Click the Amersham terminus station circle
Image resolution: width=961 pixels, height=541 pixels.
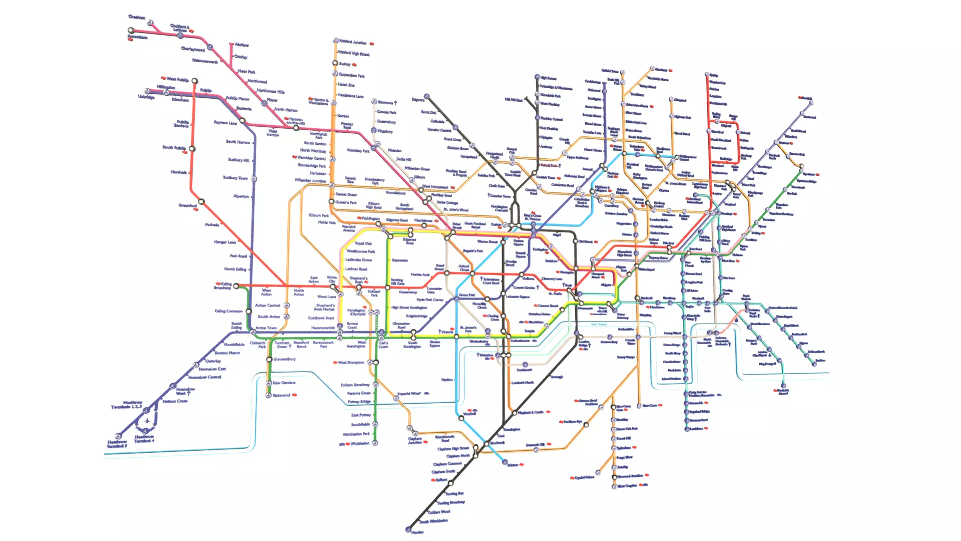132,31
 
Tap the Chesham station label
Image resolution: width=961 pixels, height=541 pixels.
137,17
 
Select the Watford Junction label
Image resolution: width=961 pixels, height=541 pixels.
353,42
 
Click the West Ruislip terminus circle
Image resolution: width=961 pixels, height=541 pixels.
195,81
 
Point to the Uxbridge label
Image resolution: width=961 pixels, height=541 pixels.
146,97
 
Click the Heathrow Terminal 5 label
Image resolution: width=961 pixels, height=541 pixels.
117,444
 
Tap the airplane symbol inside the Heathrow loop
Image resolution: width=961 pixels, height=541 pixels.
147,421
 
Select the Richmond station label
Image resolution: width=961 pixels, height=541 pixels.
281,395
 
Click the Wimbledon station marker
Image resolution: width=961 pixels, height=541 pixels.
375,443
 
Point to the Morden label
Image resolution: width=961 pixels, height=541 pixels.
417,532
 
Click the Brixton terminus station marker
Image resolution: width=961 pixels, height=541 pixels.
505,463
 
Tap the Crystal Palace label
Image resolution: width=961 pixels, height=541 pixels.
584,477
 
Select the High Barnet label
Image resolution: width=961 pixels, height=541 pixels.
549,78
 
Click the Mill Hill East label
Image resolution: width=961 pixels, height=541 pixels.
513,100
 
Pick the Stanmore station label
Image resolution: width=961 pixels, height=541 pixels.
385,102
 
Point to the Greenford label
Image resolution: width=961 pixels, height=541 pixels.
188,205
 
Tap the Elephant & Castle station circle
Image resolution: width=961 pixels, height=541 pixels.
514,413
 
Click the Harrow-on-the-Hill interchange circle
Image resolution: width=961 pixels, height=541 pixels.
296,128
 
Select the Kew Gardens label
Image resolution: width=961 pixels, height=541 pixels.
284,383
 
